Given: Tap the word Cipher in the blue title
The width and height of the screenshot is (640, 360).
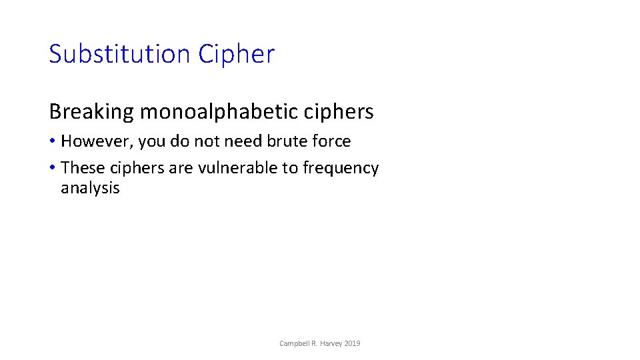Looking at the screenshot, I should coord(236,54).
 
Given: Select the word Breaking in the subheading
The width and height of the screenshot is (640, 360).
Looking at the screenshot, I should coord(91,112).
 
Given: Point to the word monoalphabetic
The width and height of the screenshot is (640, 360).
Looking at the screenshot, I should coord(219,112).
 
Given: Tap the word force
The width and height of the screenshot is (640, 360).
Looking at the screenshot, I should coord(332,141).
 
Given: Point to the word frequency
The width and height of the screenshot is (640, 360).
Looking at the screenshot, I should coord(341,169).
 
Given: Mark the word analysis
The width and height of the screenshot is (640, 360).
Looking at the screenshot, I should coord(90,188).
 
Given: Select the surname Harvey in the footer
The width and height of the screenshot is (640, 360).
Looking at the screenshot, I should coord(332,343).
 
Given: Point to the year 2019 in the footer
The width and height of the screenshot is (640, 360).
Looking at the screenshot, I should coord(353,343).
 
